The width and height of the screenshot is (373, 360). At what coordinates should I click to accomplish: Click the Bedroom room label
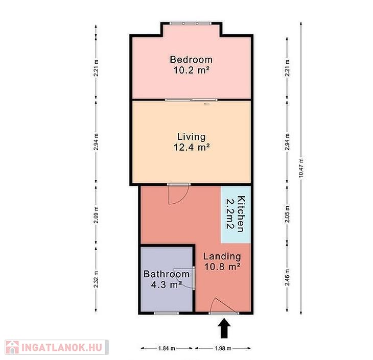191,59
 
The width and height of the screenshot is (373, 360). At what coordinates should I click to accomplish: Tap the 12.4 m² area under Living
192,147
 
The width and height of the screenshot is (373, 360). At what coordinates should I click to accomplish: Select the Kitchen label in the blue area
241,214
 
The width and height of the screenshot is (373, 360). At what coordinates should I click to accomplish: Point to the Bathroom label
167,274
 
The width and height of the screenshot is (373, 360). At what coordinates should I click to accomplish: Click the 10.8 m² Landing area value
222,267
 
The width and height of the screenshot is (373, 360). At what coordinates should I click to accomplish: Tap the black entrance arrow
224,328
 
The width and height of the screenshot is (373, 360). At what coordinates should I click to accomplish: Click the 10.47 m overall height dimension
301,168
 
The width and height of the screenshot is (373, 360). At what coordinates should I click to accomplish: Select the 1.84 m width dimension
167,348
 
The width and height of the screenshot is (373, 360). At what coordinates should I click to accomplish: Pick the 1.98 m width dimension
223,348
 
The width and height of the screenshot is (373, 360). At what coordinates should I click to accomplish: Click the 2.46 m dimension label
287,277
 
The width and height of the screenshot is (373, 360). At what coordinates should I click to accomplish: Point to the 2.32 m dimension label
96,279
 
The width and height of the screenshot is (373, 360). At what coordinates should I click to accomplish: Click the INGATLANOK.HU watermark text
62,347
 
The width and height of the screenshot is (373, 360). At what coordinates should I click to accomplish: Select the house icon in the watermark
12,347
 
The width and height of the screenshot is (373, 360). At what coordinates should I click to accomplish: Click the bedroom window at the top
190,23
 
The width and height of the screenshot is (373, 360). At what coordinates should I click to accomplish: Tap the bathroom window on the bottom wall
166,313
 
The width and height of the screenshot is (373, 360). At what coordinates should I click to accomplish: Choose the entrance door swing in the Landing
224,305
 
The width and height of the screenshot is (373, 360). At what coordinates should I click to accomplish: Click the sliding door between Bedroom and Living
191,100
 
